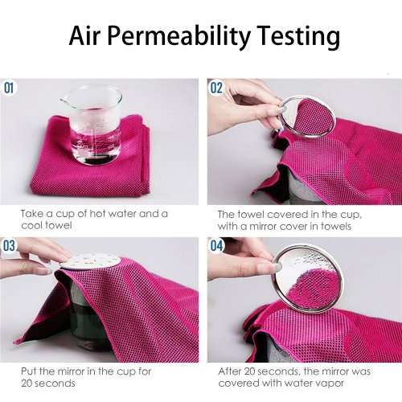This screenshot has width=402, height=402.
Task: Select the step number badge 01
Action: tap(10, 88)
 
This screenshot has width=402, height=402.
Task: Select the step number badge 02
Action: tap(216, 88)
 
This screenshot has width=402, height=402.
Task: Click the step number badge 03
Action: tap(10, 245)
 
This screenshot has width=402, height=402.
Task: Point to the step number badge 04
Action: tap(216, 245)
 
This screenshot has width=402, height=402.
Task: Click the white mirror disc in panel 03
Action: tap(90, 262)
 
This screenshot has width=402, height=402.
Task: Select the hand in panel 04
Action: tap(241, 261)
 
